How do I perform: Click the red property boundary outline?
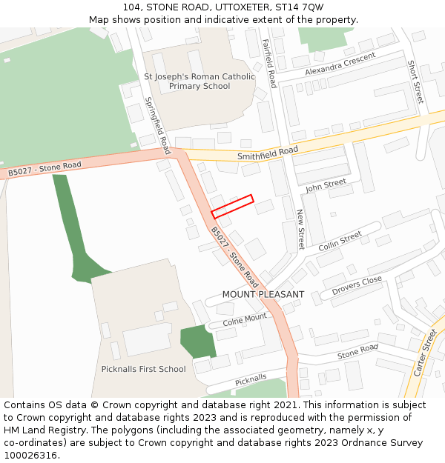click(232, 206)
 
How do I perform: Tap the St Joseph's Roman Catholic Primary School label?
click(199, 81)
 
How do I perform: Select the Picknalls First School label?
click(143, 369)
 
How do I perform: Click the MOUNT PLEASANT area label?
click(263, 294)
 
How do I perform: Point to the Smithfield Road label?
click(267, 153)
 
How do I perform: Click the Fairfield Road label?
click(269, 64)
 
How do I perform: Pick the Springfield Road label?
click(156, 121)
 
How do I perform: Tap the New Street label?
click(300, 229)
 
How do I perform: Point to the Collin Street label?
click(340, 241)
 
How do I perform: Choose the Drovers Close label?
click(357, 284)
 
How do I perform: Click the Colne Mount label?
click(244, 320)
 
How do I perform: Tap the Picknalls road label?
click(251, 381)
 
